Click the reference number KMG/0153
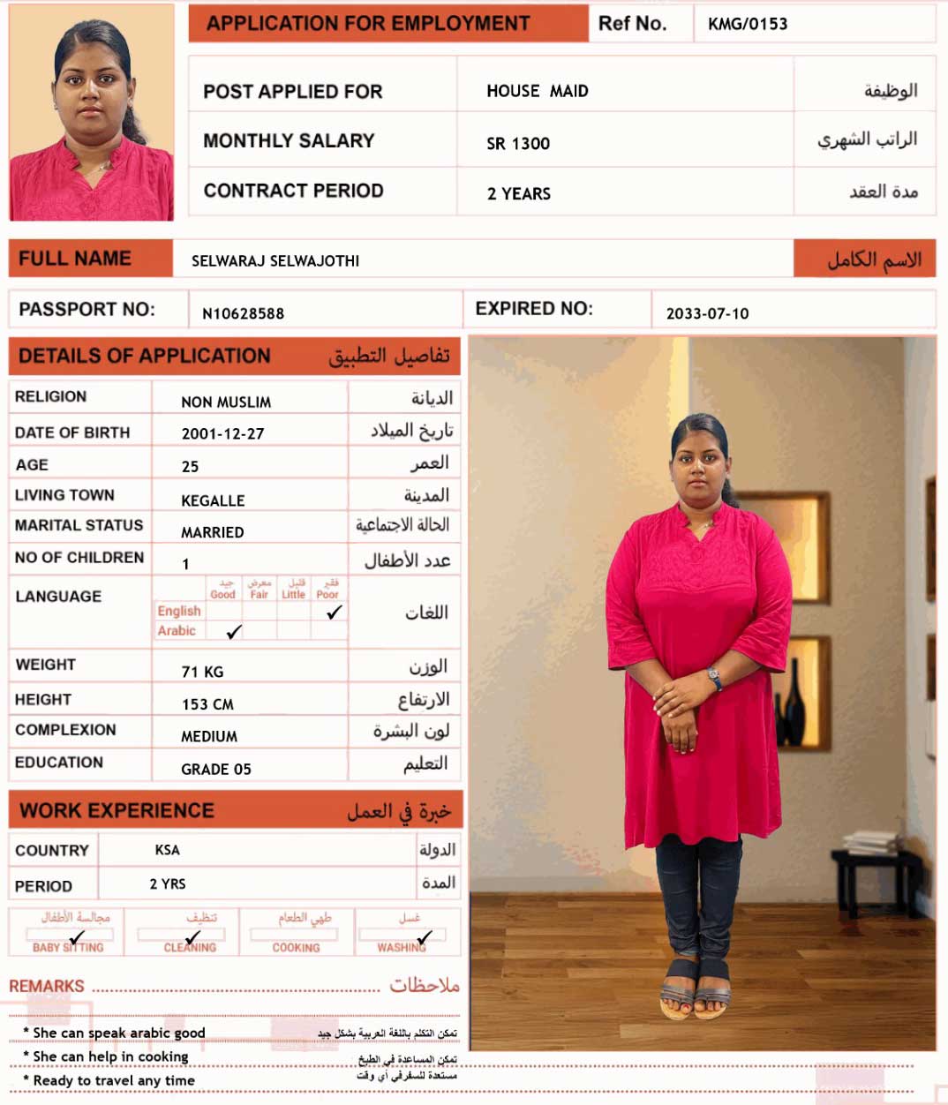pyautogui.click(x=748, y=24)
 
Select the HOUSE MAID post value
pyautogui.click(x=537, y=91)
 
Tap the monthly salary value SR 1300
pyautogui.click(x=518, y=143)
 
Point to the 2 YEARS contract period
pyautogui.click(x=518, y=193)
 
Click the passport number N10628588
pyautogui.click(x=243, y=313)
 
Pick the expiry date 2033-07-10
pyautogui.click(x=707, y=313)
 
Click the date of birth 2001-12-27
pyautogui.click(x=222, y=433)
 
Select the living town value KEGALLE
pyautogui.click(x=213, y=500)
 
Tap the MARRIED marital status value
pyautogui.click(x=212, y=532)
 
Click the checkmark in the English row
pyautogui.click(x=334, y=612)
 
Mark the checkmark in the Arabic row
pyautogui.click(x=234, y=632)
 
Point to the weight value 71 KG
pyautogui.click(x=202, y=672)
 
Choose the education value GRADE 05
pyautogui.click(x=215, y=769)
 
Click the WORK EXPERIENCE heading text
pyautogui.click(x=117, y=810)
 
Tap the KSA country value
pyautogui.click(x=167, y=850)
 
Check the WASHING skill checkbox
pyautogui.click(x=423, y=936)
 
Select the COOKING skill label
pyautogui.click(x=296, y=947)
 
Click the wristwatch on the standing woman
pyautogui.click(x=714, y=677)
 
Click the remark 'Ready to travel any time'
pyautogui.click(x=114, y=1080)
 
